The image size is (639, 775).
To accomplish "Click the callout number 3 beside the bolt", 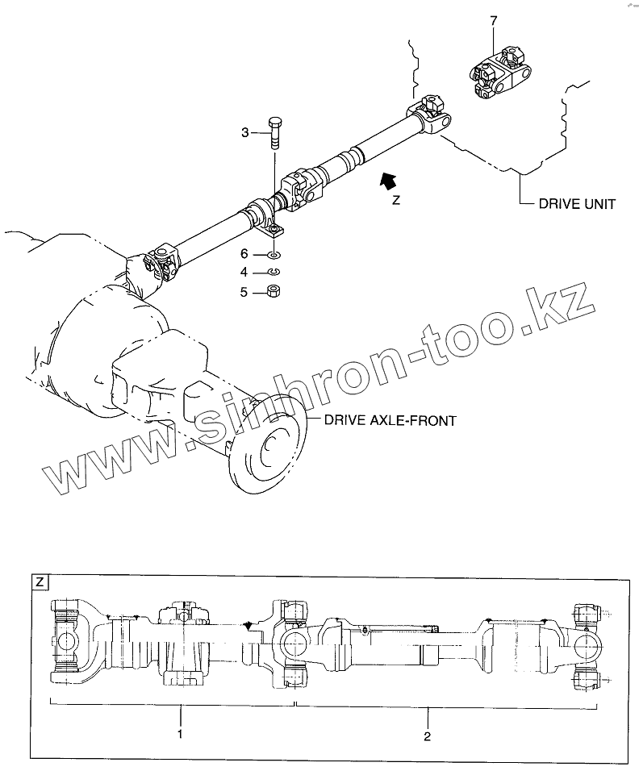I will (245, 133).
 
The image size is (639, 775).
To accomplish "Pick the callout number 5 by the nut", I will (244, 294).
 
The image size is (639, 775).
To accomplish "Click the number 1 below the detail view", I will (180, 735).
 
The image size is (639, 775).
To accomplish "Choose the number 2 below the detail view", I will (428, 735).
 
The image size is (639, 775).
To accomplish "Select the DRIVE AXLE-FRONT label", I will (390, 420).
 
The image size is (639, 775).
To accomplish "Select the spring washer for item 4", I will (274, 273).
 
